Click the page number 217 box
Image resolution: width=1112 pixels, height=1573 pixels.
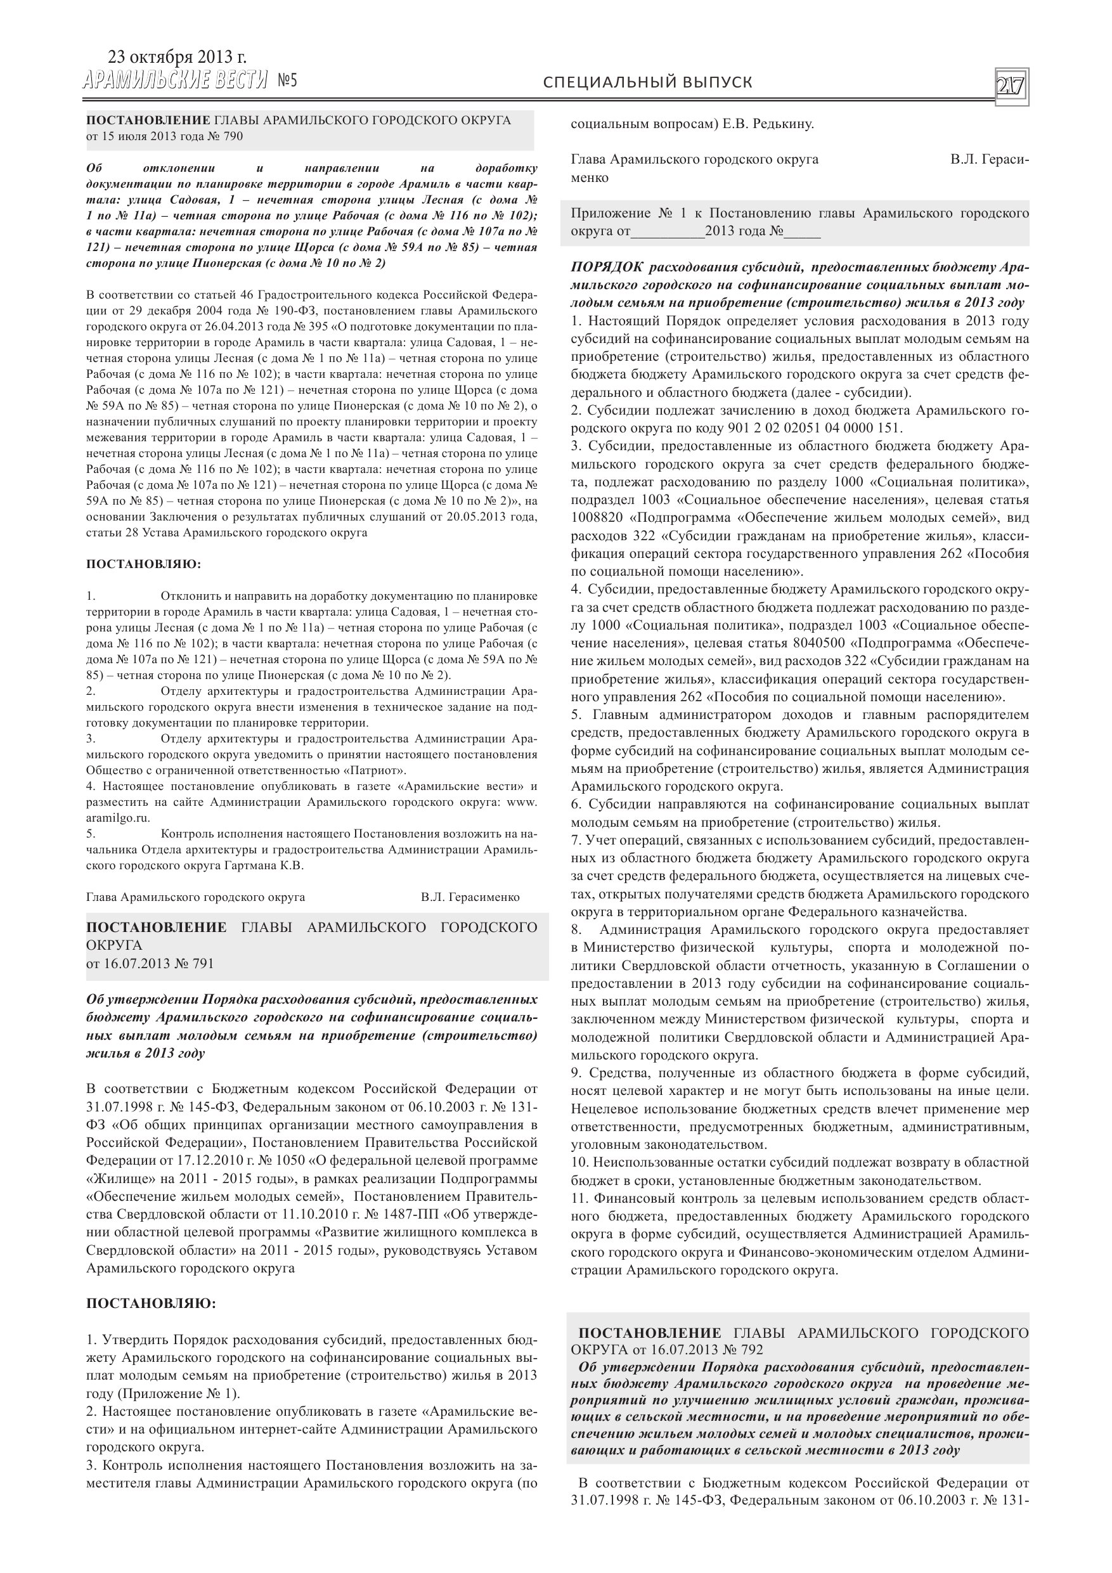(x=1010, y=87)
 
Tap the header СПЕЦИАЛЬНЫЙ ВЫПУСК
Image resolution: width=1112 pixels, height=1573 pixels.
(x=647, y=83)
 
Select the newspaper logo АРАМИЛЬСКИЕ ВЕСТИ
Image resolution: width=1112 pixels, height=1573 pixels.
(x=176, y=82)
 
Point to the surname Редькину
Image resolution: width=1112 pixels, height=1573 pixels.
(x=782, y=125)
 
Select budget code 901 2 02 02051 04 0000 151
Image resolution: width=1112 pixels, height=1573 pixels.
(x=814, y=428)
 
